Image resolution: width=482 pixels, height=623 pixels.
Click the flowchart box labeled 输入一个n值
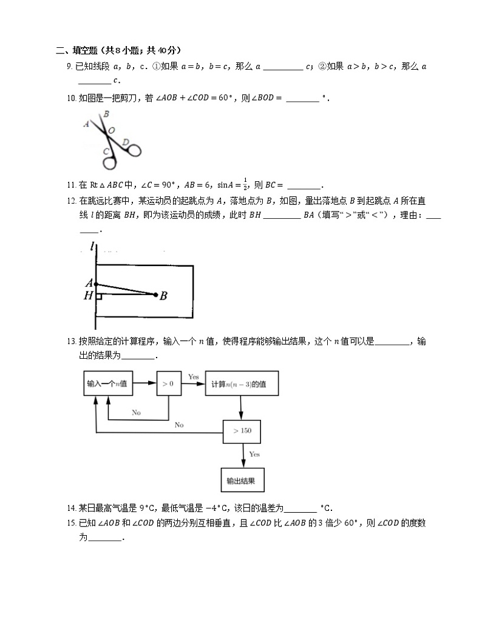pyautogui.click(x=107, y=384)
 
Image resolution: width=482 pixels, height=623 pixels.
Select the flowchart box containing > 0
pyautogui.click(x=168, y=384)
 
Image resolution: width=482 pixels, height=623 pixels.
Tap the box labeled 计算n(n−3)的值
pyautogui.click(x=242, y=384)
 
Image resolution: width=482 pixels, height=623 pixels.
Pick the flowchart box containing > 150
pyautogui.click(x=242, y=431)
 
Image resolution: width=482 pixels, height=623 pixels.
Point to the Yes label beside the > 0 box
pyautogui.click(x=193, y=377)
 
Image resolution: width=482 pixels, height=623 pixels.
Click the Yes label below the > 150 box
pyautogui.click(x=254, y=454)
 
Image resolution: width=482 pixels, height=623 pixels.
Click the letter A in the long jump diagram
pyautogui.click(x=89, y=283)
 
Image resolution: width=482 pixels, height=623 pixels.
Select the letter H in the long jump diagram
pyautogui.click(x=89, y=296)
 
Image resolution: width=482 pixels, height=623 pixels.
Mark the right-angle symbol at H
pyautogui.click(x=98, y=296)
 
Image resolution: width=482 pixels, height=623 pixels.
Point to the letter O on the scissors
pyautogui.click(x=111, y=130)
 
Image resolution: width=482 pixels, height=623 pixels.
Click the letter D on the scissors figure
pyautogui.click(x=125, y=142)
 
